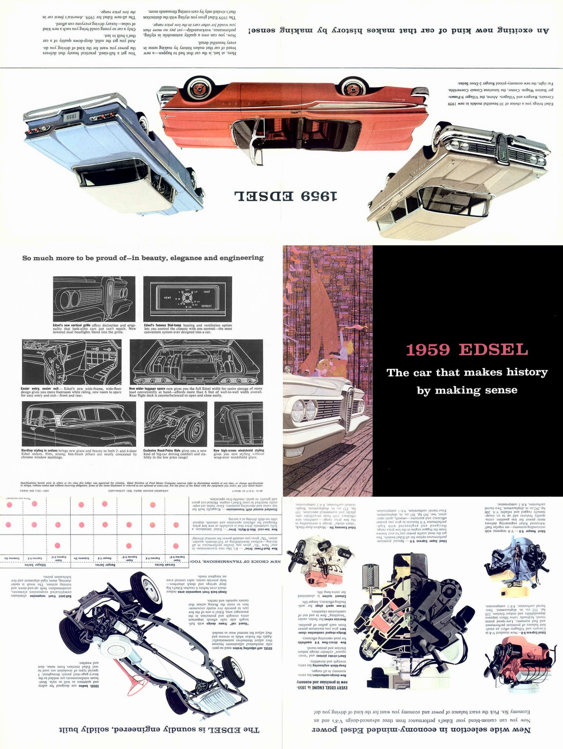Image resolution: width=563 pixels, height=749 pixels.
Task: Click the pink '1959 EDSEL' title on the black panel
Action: point(467,350)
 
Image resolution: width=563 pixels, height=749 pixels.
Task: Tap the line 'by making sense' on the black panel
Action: point(467,390)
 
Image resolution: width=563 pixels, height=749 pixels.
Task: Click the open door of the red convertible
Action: point(253,138)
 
